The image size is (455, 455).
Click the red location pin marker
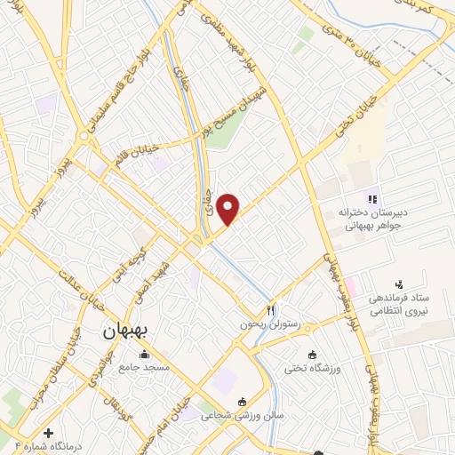(229, 208)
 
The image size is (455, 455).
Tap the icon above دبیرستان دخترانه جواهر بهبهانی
(373, 198)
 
